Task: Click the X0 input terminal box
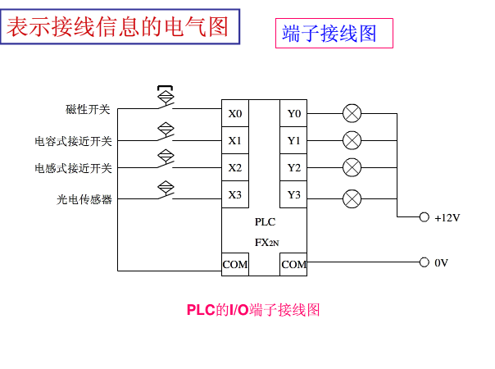235,114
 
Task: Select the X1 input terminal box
235,140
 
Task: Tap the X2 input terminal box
235,168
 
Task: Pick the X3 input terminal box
235,195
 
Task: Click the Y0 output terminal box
293,114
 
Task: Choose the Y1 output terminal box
293,140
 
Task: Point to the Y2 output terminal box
293,168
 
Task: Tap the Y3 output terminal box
293,195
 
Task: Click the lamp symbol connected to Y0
352,114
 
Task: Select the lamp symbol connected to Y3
352,197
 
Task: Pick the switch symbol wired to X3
166,189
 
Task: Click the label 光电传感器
84,199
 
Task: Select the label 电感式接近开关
73,169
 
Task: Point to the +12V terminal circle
424,217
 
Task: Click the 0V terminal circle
424,262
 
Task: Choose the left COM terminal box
235,264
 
